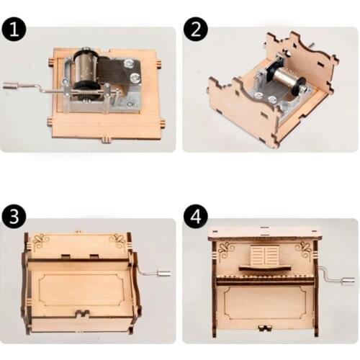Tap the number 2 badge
pyautogui.click(x=194, y=30)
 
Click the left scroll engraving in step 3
pyautogui.click(x=40, y=240)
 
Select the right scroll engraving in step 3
pyautogui.click(x=117, y=240)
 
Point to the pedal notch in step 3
pyautogui.click(x=81, y=315)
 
